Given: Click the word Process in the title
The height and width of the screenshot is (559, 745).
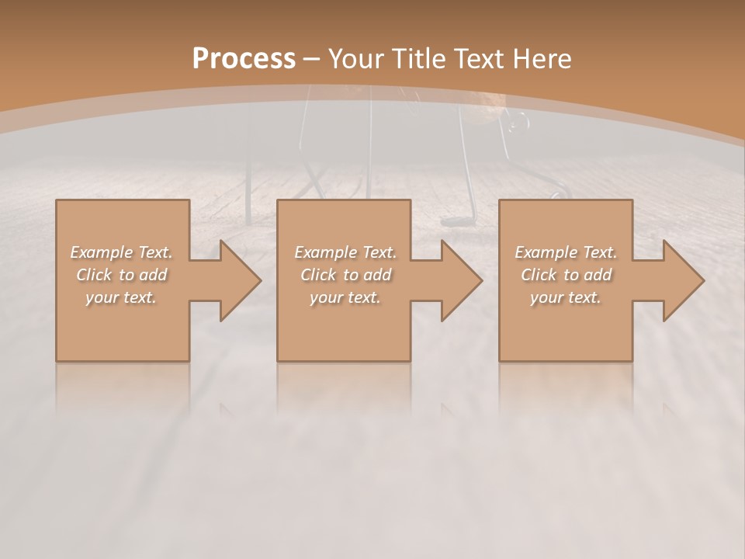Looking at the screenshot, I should tap(244, 59).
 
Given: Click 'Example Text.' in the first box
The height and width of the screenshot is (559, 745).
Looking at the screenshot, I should tap(121, 252).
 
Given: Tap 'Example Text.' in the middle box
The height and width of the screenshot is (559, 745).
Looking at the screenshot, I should tap(345, 252).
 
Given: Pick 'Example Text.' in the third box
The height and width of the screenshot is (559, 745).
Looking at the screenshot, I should tap(566, 252).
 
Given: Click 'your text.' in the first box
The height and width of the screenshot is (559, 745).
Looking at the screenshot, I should tap(121, 297).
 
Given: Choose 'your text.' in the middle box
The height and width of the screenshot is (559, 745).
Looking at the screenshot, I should tap(345, 297).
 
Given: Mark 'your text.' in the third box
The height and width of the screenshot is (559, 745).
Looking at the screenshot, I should tap(566, 297).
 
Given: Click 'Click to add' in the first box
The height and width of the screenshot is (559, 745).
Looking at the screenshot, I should tap(121, 275).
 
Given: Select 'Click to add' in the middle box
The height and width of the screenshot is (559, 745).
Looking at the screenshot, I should tap(345, 275).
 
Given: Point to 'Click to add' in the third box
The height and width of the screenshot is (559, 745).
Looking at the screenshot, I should tap(566, 275).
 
